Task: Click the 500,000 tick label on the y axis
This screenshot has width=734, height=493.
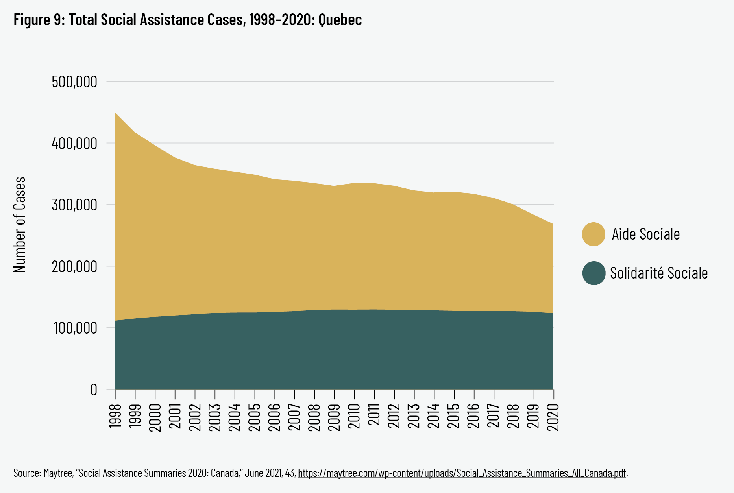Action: click(74, 82)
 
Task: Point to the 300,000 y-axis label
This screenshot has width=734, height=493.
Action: click(74, 205)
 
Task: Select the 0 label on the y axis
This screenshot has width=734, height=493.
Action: click(94, 390)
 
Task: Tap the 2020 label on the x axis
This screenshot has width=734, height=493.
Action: click(554, 416)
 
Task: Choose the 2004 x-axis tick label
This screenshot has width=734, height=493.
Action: click(235, 416)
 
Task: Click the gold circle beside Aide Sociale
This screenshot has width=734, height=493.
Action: click(593, 234)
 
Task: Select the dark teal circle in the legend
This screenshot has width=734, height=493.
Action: click(593, 273)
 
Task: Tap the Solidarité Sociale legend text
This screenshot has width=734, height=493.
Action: click(659, 273)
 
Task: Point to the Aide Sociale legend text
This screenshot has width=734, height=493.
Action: click(646, 234)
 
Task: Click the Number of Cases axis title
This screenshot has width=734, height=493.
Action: click(19, 225)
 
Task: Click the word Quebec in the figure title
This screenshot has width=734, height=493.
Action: click(340, 20)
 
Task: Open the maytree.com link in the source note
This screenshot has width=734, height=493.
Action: click(462, 473)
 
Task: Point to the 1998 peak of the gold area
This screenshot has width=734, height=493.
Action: click(116, 114)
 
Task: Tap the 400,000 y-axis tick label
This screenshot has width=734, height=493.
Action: click(74, 144)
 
